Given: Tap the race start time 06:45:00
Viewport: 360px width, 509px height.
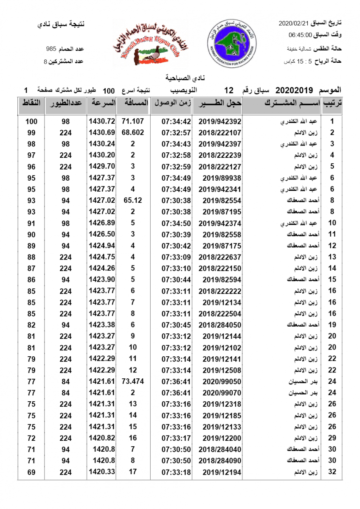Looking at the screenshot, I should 301,35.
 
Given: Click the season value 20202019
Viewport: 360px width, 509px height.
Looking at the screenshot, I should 294,90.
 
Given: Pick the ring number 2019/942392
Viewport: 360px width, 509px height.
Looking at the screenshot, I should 220,121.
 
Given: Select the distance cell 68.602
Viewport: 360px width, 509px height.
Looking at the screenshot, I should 133,132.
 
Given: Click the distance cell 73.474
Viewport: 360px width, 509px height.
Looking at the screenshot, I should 133,381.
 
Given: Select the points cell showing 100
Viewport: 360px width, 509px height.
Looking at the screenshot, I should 31,121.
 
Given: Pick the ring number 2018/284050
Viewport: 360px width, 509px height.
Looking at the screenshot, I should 220,325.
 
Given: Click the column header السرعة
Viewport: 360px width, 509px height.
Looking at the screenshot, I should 102,103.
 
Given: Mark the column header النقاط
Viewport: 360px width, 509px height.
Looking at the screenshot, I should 31,103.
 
